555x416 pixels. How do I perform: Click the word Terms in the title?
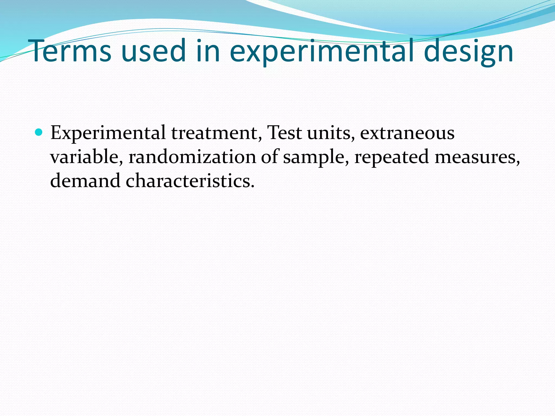(71, 51)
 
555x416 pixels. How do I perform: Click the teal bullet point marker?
(39, 132)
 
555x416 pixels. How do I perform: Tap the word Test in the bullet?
(284, 133)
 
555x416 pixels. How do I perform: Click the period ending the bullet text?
(253, 187)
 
